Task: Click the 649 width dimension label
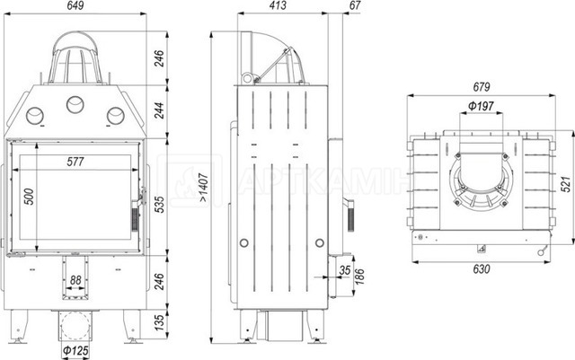(x=75, y=5)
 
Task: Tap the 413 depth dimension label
(x=278, y=5)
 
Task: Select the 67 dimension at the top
(x=355, y=5)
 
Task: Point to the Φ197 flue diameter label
(x=482, y=106)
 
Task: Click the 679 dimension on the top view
(x=482, y=87)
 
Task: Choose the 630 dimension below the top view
(x=482, y=269)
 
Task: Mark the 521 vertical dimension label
(x=567, y=183)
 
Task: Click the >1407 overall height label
(x=204, y=188)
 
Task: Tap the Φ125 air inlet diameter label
(x=75, y=350)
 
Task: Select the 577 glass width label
(x=75, y=162)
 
